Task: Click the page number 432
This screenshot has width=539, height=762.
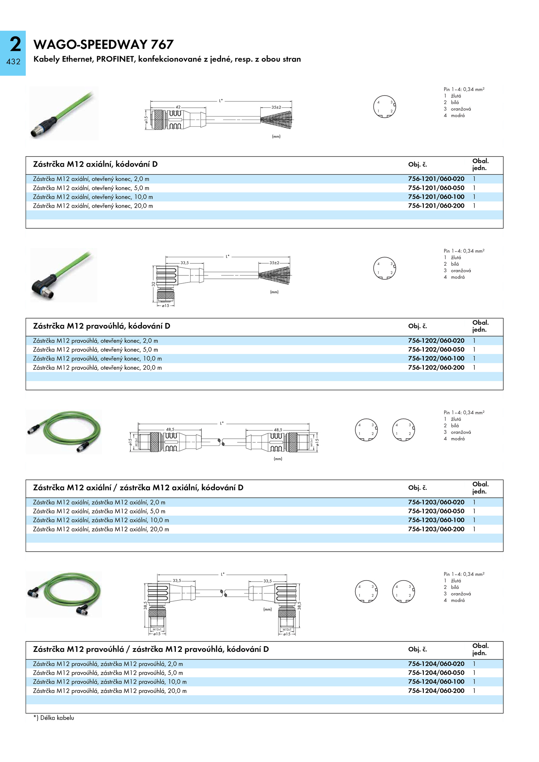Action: click(x=13, y=62)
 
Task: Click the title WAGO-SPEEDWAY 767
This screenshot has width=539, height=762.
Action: click(x=103, y=44)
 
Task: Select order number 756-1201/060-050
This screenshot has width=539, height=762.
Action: click(x=436, y=188)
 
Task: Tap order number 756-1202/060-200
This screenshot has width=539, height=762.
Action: click(x=436, y=367)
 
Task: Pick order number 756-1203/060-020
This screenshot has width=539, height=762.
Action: click(x=436, y=502)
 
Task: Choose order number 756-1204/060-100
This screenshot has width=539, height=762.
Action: click(x=436, y=682)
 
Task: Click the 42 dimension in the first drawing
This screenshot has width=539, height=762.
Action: click(x=178, y=107)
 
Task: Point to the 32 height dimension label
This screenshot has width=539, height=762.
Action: click(x=153, y=284)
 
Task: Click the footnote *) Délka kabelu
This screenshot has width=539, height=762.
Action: click(x=54, y=718)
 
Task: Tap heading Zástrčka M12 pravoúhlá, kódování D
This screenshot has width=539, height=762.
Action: click(x=101, y=326)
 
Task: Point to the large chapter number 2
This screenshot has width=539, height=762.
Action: click(x=15, y=44)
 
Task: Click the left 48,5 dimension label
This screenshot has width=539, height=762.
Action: click(x=170, y=429)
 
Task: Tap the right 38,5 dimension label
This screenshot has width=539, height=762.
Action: click(x=299, y=605)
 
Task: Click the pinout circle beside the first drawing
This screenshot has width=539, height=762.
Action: click(x=385, y=106)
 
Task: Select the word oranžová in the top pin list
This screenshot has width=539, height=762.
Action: click(x=461, y=109)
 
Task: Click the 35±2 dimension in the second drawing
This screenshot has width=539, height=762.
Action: click(x=274, y=263)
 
